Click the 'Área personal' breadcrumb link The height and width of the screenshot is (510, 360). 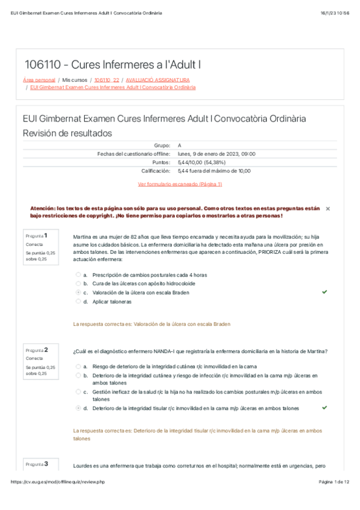[38, 79]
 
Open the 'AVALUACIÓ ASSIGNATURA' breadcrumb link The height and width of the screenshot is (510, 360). [158, 79]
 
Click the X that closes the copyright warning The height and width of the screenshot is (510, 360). [328, 208]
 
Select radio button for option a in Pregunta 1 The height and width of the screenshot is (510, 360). [78, 274]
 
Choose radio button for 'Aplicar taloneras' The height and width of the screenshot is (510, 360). [78, 301]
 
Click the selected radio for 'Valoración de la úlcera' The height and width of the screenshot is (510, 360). [78, 292]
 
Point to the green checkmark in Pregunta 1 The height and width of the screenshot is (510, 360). [325, 292]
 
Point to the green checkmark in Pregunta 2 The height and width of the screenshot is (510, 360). [325, 407]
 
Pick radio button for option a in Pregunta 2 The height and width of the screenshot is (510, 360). [78, 366]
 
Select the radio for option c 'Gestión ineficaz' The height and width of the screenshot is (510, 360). [78, 392]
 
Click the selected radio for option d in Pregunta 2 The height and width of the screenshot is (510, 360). [78, 408]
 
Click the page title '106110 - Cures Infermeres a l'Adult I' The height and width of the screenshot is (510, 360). [112, 64]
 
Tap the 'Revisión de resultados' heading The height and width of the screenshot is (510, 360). [67, 133]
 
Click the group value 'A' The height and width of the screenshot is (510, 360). [180, 146]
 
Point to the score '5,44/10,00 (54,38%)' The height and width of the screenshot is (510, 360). [206, 162]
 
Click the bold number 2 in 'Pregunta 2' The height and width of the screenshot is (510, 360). [46, 349]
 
